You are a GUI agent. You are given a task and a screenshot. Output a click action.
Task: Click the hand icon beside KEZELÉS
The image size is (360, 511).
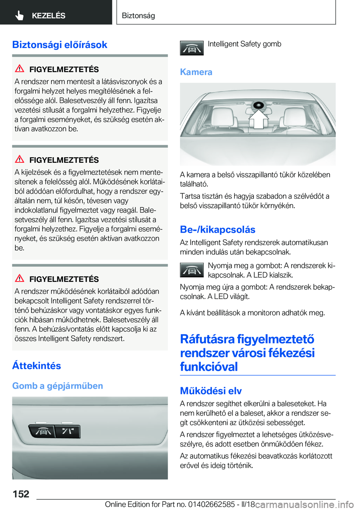pyautogui.click(x=19, y=15)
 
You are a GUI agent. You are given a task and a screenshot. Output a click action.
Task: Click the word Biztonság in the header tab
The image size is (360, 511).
pyautogui.click(x=138, y=15)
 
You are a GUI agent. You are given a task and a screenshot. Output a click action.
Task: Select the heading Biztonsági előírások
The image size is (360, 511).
pyautogui.click(x=60, y=45)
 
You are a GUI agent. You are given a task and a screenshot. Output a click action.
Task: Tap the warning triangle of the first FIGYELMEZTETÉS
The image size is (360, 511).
pyautogui.click(x=19, y=69)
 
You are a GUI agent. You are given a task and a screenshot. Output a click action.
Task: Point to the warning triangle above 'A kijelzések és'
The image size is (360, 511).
pyautogui.click(x=19, y=159)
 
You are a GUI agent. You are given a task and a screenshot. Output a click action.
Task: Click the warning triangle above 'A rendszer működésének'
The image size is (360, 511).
pyautogui.click(x=19, y=278)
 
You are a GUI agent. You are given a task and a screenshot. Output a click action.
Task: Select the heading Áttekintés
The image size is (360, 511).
pyautogui.click(x=36, y=365)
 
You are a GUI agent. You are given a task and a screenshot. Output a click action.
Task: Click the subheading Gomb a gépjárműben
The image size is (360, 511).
pyautogui.click(x=57, y=386)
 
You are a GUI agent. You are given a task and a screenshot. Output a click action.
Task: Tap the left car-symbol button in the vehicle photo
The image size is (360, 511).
pyautogui.click(x=43, y=431)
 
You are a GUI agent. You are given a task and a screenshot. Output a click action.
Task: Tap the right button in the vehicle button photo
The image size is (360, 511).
pyautogui.click(x=68, y=431)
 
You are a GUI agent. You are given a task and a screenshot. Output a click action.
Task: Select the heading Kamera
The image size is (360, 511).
pyautogui.click(x=196, y=72)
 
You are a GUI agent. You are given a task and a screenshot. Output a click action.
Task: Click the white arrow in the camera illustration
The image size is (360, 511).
pyautogui.click(x=258, y=119)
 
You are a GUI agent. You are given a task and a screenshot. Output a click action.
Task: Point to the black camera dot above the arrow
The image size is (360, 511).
pyautogui.click(x=258, y=105)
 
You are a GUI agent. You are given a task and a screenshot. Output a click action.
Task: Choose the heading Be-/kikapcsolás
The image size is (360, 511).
pyautogui.click(x=217, y=230)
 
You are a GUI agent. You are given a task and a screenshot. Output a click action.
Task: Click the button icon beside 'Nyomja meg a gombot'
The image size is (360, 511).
pyautogui.click(x=192, y=270)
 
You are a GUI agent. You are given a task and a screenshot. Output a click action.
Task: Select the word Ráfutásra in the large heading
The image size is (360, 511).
pyautogui.click(x=207, y=339)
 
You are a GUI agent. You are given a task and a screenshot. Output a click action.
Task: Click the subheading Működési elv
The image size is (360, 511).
pyautogui.click(x=211, y=391)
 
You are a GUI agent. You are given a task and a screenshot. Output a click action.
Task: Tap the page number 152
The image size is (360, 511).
pyautogui.click(x=21, y=494)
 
